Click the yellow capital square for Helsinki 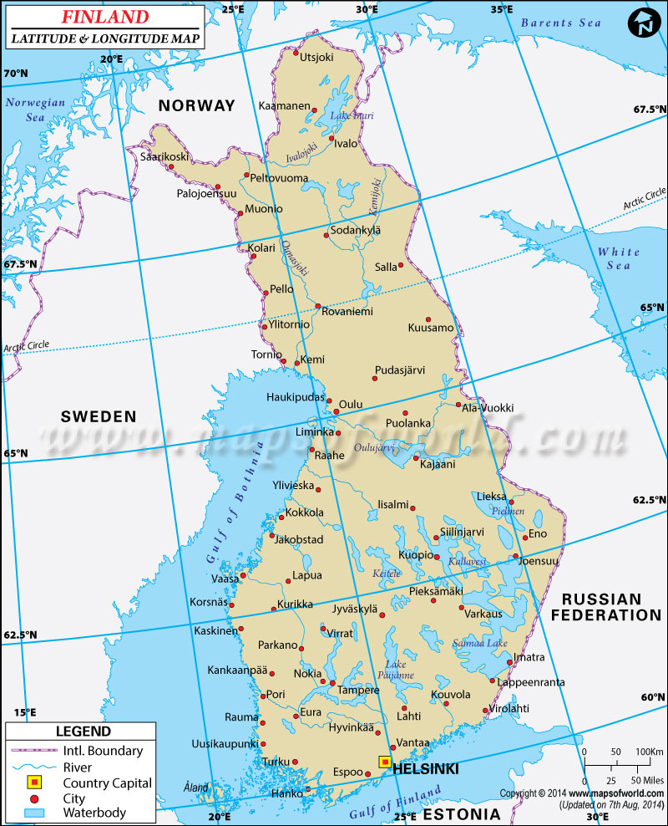point(384,762)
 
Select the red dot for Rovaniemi point(318,306)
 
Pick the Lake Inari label point(352,115)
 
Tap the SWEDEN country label point(99,416)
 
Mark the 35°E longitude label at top point(501,9)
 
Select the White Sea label point(619,258)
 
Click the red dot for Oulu point(337,411)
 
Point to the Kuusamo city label point(431,328)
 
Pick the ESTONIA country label point(462,813)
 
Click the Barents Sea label point(559,23)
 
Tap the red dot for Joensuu point(516,557)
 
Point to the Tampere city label point(358,691)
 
